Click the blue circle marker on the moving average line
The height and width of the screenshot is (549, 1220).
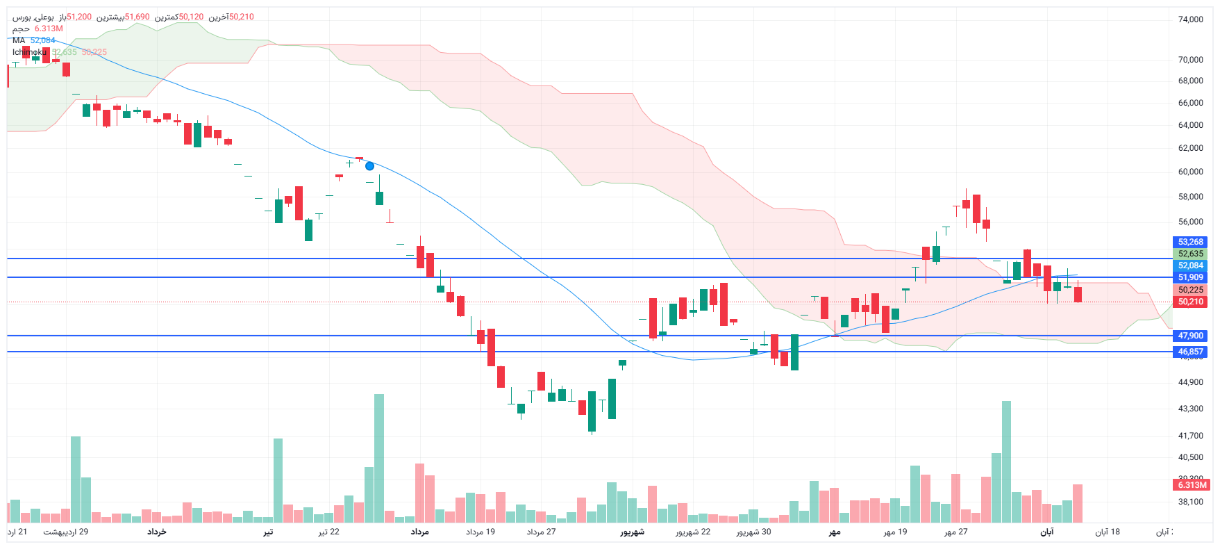point(369,166)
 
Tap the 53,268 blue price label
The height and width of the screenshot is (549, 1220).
point(1190,242)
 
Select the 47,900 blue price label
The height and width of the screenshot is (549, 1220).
point(1190,336)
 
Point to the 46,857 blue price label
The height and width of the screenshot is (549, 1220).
point(1190,352)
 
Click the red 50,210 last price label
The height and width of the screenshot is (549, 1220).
point(1190,302)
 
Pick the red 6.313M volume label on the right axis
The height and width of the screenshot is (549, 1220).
point(1192,485)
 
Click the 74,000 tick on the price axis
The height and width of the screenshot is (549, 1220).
point(1190,19)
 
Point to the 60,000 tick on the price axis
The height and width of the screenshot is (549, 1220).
point(1190,172)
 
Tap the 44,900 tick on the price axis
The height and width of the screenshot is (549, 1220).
point(1190,382)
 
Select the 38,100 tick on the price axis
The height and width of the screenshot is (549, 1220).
point(1190,502)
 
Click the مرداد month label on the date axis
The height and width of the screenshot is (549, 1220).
point(419,532)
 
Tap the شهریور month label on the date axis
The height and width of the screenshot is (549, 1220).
point(632,532)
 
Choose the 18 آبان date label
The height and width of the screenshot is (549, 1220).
point(1108,532)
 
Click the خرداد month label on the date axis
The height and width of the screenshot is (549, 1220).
point(156,532)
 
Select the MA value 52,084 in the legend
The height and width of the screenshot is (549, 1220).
point(42,40)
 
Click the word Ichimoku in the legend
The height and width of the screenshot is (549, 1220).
point(29,52)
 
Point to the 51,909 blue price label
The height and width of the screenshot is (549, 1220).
point(1190,277)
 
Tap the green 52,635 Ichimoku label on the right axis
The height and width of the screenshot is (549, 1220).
point(1190,254)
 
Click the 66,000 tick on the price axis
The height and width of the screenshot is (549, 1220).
point(1190,103)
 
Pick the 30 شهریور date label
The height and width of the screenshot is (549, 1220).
point(753,532)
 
